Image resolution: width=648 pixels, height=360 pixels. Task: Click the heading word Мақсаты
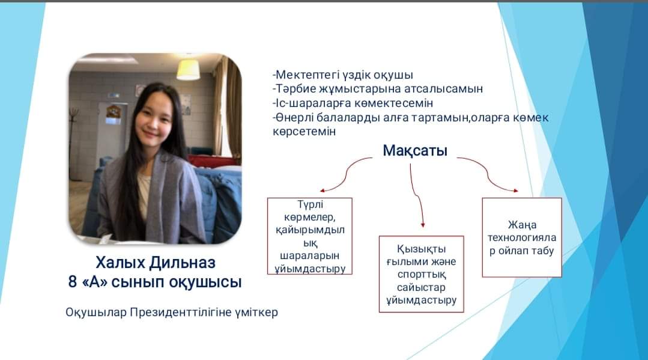click(x=415, y=151)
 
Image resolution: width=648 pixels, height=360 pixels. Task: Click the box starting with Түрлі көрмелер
click(x=309, y=236)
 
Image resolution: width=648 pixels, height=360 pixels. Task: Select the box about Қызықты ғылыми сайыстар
click(x=421, y=274)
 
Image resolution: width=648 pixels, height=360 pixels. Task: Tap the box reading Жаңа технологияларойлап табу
click(x=521, y=237)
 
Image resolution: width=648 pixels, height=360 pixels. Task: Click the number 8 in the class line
click(x=72, y=282)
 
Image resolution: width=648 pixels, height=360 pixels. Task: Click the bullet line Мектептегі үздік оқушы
click(x=342, y=75)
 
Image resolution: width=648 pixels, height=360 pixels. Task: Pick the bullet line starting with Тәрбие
click(x=378, y=89)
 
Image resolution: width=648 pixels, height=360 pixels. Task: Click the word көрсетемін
click(x=304, y=132)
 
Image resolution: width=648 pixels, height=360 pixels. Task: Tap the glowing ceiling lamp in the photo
click(x=189, y=70)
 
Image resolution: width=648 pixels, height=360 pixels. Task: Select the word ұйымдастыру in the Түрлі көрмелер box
click(x=310, y=269)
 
